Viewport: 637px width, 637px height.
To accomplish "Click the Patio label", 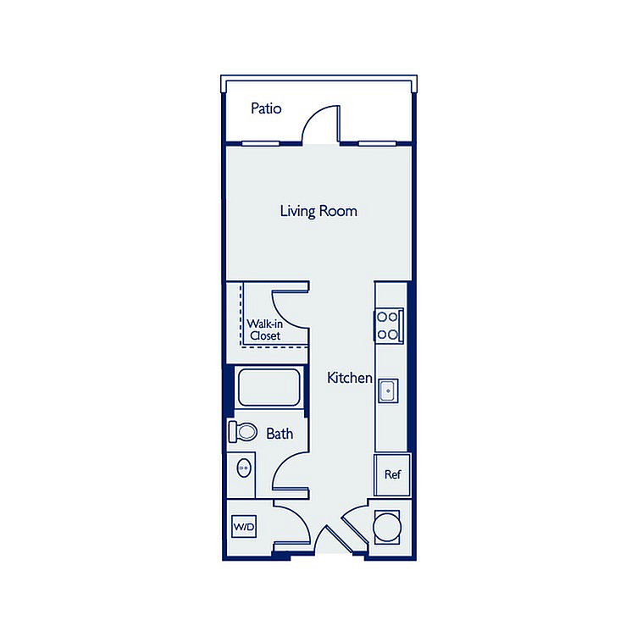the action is pyautogui.click(x=266, y=108).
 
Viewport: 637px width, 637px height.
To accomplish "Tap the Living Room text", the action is pyautogui.click(x=318, y=211).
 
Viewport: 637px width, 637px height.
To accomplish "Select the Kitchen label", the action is pyautogui.click(x=349, y=378).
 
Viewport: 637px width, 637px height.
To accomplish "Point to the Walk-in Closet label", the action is pyautogui.click(x=265, y=330).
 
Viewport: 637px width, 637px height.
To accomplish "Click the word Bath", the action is pyautogui.click(x=280, y=434).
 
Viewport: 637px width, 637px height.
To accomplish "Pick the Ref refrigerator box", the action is pyautogui.click(x=392, y=474).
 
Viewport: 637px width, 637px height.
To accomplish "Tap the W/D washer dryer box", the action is pyautogui.click(x=244, y=527).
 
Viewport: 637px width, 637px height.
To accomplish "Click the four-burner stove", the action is pyautogui.click(x=389, y=326).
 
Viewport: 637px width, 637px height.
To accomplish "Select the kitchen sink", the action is pyautogui.click(x=388, y=391).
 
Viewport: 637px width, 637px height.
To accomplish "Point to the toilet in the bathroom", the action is pyautogui.click(x=243, y=431).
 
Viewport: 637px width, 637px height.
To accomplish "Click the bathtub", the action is pyautogui.click(x=269, y=387).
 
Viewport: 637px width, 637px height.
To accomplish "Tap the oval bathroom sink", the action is pyautogui.click(x=244, y=468).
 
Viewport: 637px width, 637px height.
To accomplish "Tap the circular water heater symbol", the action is pyautogui.click(x=387, y=527).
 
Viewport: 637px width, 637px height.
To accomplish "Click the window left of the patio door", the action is pyautogui.click(x=260, y=143).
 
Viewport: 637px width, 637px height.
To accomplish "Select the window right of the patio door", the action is pyautogui.click(x=377, y=143).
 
